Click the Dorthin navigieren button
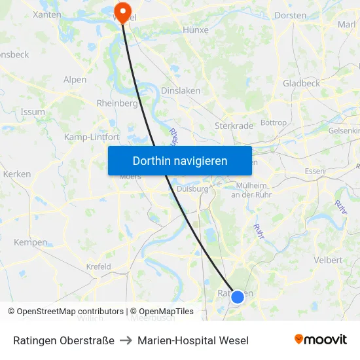tap(180, 160)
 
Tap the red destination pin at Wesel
tap(122, 10)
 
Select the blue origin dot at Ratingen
tap(238, 297)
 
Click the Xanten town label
tap(47, 14)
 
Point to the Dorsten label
tap(291, 15)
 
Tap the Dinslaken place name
tap(181, 91)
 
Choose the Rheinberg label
tap(117, 103)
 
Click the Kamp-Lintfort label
tap(92, 137)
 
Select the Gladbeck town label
tap(301, 83)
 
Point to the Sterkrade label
tap(234, 126)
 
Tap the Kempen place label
tap(31, 242)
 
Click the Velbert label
tap(328, 260)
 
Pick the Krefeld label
tap(98, 267)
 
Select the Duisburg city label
tap(192, 189)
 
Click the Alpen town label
tap(75, 80)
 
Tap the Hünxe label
tap(196, 30)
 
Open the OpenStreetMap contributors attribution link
tap(70, 312)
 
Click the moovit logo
tap(321, 340)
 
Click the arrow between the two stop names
tap(126, 340)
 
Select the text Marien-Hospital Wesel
tap(193, 340)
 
